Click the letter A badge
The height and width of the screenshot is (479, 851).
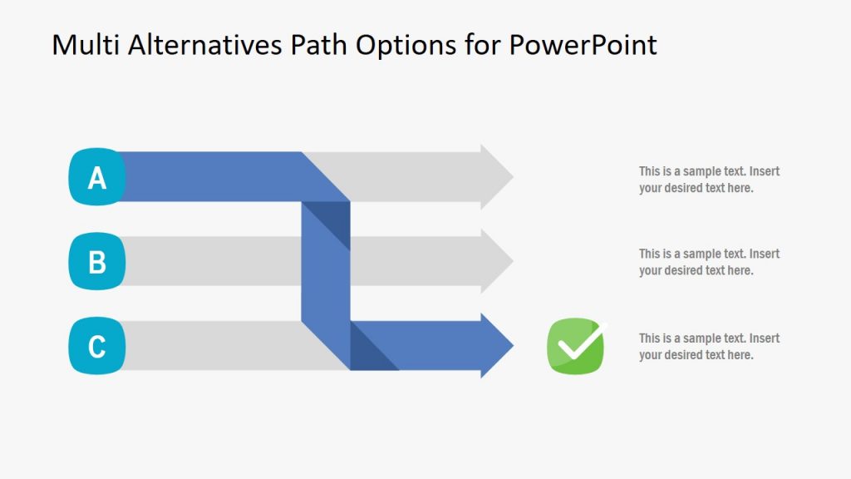[x=97, y=177]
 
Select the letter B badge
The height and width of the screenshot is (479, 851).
[x=97, y=261]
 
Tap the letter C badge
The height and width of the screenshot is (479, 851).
[x=97, y=345]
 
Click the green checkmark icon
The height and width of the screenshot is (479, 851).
[x=576, y=346]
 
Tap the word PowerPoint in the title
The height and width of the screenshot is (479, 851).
[x=583, y=45]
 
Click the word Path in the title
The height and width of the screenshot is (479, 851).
[x=320, y=45]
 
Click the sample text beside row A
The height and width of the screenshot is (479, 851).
[x=709, y=180]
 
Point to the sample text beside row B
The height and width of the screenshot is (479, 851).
[x=709, y=262]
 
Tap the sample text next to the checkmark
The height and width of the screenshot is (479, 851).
[x=709, y=347]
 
